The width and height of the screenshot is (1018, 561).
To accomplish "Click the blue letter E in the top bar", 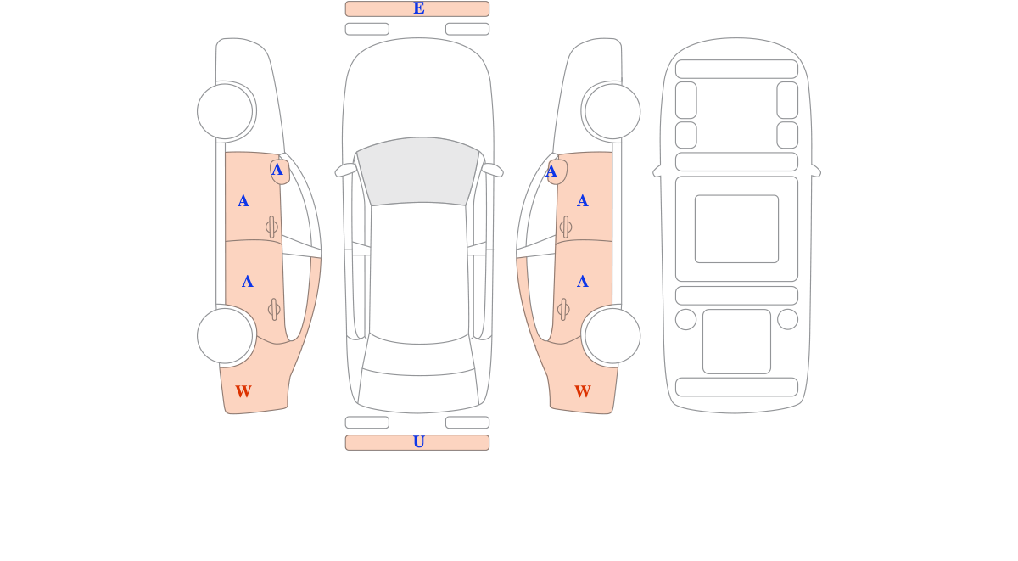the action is [418, 8].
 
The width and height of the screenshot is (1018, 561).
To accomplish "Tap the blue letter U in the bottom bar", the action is [418, 442].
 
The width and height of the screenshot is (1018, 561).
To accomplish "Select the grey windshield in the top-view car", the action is [418, 171].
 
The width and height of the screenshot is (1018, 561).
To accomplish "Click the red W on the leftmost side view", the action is [243, 391].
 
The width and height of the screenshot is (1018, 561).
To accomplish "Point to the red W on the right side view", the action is [583, 391].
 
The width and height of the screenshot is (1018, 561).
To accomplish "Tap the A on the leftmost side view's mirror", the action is [277, 170].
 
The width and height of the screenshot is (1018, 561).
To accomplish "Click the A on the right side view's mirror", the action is [551, 171].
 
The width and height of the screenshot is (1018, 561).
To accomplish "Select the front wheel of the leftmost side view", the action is [225, 111].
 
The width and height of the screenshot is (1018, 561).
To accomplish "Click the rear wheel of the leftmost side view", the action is [225, 336].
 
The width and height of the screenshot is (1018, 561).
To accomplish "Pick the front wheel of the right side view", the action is [612, 111].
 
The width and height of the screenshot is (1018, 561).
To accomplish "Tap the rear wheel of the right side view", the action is [612, 336].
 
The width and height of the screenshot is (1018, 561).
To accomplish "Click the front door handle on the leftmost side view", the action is [271, 227].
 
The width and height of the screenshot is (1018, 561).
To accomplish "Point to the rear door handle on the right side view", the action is [563, 310].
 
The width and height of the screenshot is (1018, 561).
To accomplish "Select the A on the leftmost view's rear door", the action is [247, 282].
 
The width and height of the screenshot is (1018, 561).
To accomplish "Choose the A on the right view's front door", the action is [583, 201].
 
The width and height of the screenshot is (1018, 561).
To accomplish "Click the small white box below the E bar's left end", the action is [367, 29].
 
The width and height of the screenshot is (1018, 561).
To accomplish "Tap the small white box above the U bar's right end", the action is [467, 423].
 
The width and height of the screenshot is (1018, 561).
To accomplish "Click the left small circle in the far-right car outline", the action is [685, 319].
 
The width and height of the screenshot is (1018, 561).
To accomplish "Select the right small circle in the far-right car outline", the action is [787, 319].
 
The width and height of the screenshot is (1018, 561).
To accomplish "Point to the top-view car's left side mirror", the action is [345, 170].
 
